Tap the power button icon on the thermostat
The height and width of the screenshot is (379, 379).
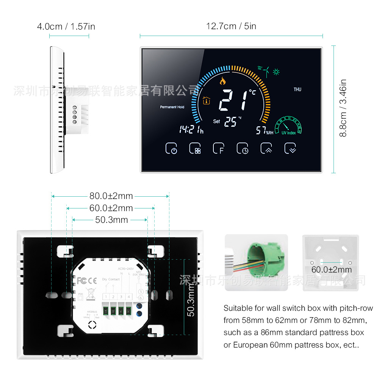coord(172,148)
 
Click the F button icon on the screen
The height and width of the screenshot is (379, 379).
coord(218,148)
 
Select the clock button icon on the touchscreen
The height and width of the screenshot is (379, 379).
coord(243,148)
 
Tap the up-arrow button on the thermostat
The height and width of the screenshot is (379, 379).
coord(266,148)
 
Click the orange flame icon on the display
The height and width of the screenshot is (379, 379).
coord(222,80)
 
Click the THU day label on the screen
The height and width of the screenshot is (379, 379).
coord(298,89)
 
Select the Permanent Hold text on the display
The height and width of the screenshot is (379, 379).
coord(172,107)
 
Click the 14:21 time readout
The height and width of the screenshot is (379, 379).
coord(191,130)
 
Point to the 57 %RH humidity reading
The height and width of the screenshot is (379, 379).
coord(264,131)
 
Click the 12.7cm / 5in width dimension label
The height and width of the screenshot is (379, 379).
coord(231,26)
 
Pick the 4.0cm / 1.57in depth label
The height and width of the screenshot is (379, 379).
coord(66,27)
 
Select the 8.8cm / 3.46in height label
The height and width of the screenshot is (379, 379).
coord(343,108)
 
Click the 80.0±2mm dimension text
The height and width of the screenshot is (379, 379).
coord(111,196)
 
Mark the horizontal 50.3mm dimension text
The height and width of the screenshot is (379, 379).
coord(111,220)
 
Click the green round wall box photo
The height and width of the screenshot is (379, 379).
coord(257,262)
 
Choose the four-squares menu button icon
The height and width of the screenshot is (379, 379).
coord(195,148)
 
